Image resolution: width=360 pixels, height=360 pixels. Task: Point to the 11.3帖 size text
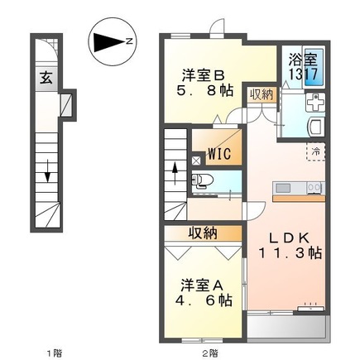click(x=292, y=255)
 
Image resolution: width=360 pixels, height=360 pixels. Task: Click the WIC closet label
click(x=218, y=153)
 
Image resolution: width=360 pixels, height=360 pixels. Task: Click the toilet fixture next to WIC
click(x=199, y=180)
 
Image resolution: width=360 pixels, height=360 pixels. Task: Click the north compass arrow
click(x=110, y=40)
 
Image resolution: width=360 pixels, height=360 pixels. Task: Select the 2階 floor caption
click(x=210, y=352)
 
